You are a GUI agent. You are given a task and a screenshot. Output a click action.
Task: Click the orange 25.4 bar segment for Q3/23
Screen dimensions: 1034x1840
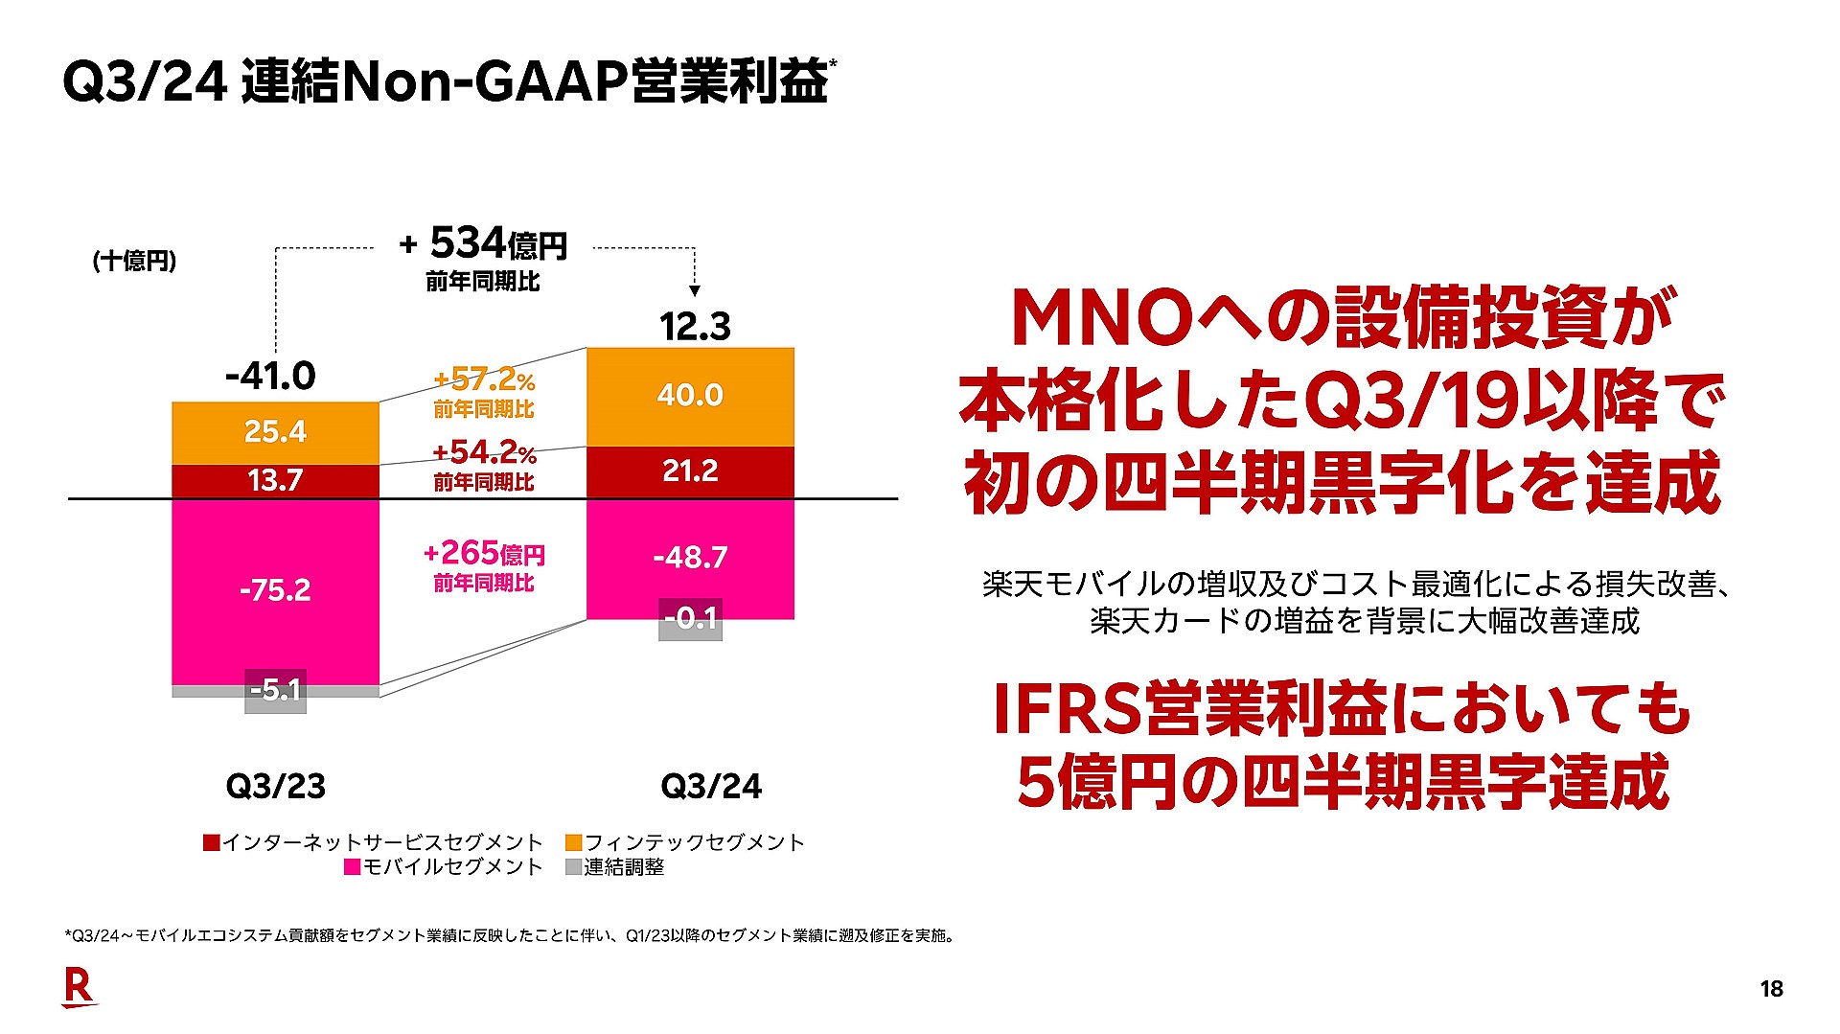pyautogui.click(x=275, y=432)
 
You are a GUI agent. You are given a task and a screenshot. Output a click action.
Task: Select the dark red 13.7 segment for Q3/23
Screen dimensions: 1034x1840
pyautogui.click(x=275, y=480)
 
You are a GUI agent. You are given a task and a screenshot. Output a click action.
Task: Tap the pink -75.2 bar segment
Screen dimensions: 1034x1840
pyautogui.click(x=275, y=589)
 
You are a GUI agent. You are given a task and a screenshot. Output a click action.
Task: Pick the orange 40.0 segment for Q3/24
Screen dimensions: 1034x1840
pyautogui.click(x=690, y=395)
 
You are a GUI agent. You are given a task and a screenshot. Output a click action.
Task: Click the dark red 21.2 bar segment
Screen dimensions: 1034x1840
pyautogui.click(x=690, y=471)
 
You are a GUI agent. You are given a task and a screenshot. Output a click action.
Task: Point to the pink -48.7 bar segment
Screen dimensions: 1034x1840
pyautogui.click(x=690, y=557)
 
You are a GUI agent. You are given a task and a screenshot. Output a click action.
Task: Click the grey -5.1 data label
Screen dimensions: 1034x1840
pyautogui.click(x=275, y=690)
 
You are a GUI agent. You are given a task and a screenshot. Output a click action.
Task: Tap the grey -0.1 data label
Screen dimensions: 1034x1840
pyautogui.click(x=690, y=619)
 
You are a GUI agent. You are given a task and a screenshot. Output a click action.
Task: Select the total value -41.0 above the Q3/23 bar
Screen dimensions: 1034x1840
pyautogui.click(x=270, y=376)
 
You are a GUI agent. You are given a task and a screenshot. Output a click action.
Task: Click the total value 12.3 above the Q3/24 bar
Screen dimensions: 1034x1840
pyautogui.click(x=695, y=327)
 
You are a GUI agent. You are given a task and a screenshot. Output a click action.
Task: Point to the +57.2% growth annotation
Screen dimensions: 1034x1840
pyautogui.click(x=484, y=380)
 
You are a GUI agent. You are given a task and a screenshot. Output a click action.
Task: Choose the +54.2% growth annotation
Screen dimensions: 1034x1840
pyautogui.click(x=484, y=452)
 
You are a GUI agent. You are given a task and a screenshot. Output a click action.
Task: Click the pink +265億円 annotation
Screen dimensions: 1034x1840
pyautogui.click(x=484, y=554)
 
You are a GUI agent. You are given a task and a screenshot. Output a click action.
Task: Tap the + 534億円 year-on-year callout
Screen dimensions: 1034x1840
pyautogui.click(x=484, y=244)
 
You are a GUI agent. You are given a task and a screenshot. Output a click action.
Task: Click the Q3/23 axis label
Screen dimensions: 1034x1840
pyautogui.click(x=276, y=787)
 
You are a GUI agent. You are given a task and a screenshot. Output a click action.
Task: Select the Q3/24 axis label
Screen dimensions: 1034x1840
pyautogui.click(x=711, y=787)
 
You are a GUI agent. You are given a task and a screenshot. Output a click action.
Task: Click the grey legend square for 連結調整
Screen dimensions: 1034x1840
pyautogui.click(x=573, y=867)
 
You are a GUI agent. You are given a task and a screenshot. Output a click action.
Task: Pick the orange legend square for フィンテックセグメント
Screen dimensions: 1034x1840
pyautogui.click(x=573, y=843)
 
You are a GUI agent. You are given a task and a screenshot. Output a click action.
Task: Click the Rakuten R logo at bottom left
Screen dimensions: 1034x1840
pyautogui.click(x=79, y=988)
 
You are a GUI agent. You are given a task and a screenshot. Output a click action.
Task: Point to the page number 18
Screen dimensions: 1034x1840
pyautogui.click(x=1771, y=990)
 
